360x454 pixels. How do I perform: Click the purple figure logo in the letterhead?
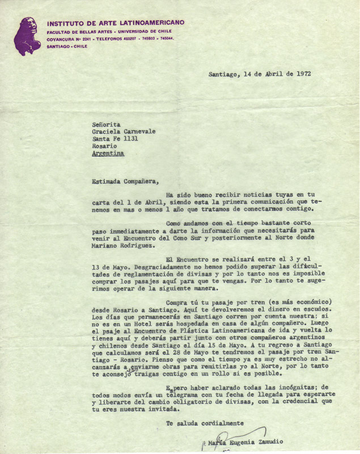(x=27, y=36)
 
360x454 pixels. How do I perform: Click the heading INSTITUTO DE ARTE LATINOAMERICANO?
(x=116, y=22)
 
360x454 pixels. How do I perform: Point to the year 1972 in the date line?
(x=302, y=74)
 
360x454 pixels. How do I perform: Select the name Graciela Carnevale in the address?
(x=123, y=130)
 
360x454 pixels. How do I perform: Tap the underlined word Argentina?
(x=107, y=153)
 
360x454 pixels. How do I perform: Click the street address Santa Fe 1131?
(x=115, y=138)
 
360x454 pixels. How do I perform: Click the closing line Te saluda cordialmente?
(x=205, y=423)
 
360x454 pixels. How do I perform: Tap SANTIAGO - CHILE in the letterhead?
(x=67, y=46)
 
